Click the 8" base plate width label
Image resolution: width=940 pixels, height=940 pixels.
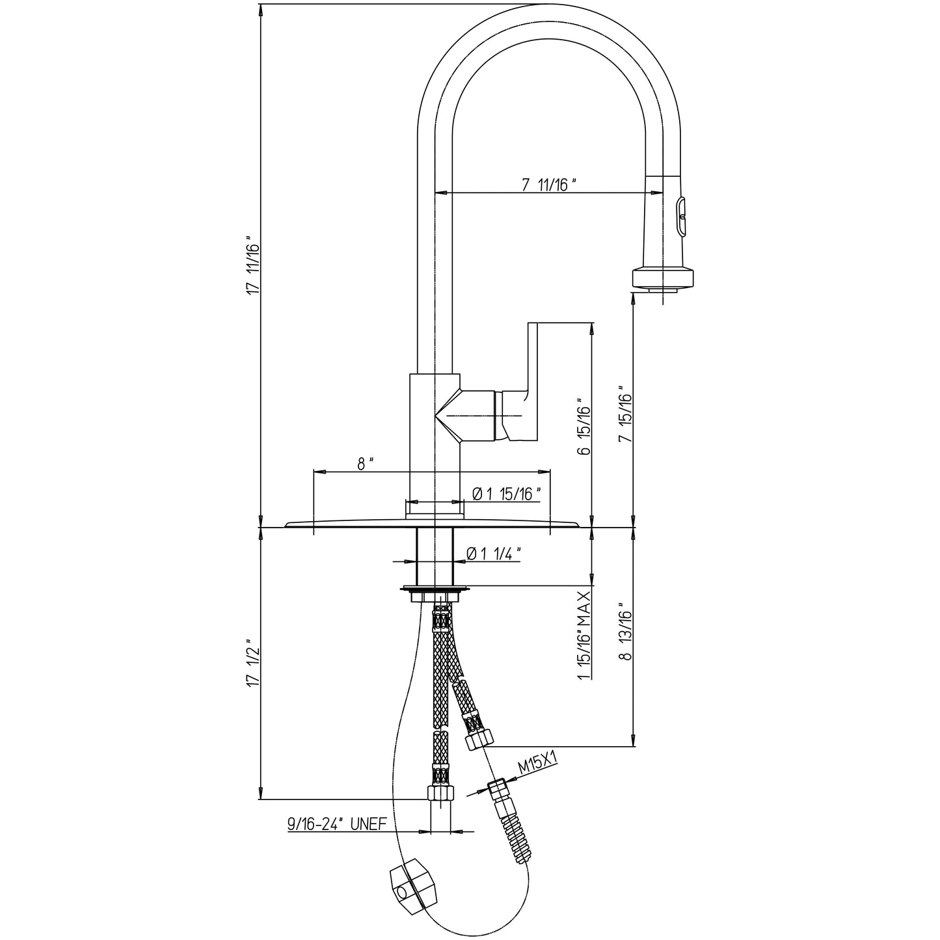coord(365,464)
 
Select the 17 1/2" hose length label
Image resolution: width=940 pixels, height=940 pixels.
coord(254,664)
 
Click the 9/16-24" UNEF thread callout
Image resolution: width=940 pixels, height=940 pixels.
coord(337,824)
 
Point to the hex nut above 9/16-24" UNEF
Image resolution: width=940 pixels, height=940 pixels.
coord(440,793)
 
